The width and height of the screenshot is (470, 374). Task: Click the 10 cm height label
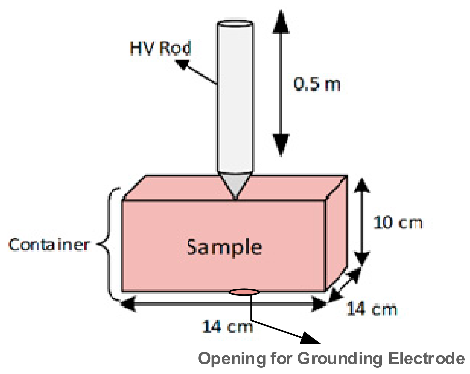[x=398, y=223]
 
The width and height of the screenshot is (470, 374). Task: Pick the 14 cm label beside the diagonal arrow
[x=372, y=309]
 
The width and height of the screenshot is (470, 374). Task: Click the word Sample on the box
[x=224, y=247]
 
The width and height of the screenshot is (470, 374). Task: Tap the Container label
[x=49, y=245]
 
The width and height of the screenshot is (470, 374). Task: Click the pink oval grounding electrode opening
[x=244, y=292]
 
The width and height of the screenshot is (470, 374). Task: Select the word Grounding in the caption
[x=340, y=359]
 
